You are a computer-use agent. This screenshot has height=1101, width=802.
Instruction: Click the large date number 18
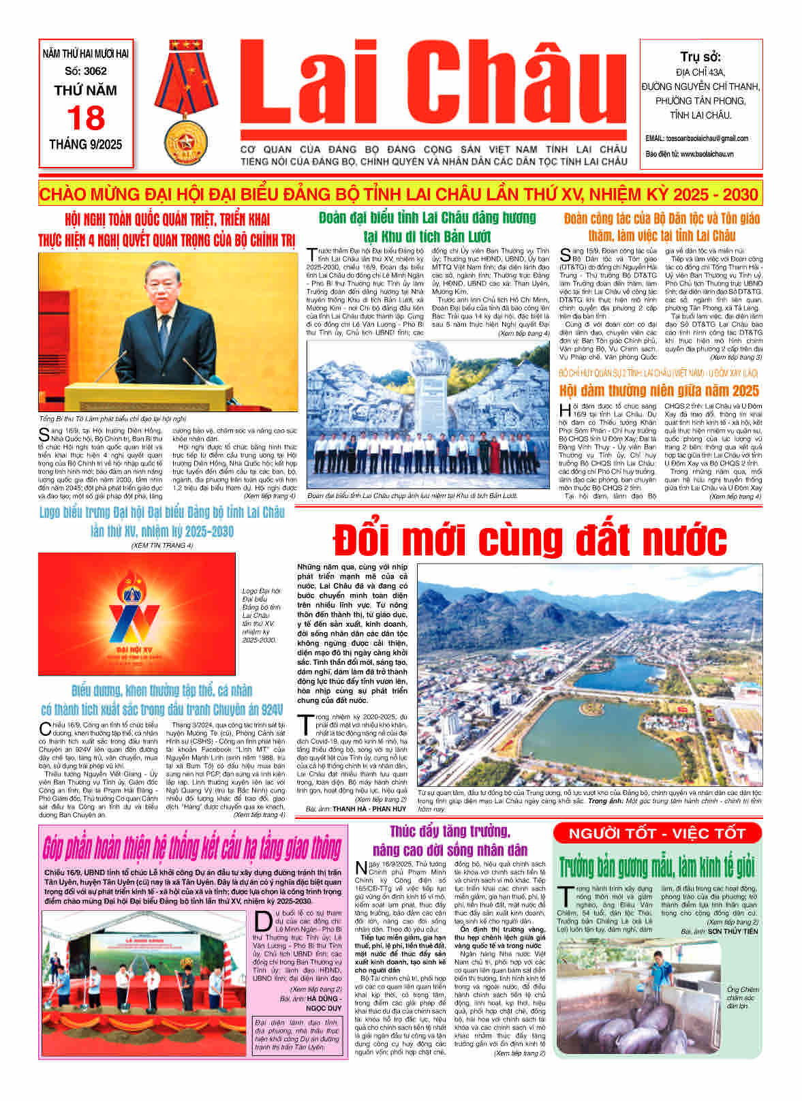(x=86, y=119)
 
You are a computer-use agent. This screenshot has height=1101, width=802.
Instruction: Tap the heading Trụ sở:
(x=700, y=57)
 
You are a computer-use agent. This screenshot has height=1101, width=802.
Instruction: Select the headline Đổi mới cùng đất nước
(x=529, y=540)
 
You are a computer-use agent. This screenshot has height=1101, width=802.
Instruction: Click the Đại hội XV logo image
(x=137, y=613)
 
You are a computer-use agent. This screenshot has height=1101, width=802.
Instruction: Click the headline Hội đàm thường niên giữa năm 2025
(x=659, y=390)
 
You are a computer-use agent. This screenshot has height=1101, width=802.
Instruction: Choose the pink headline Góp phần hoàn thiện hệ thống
(x=191, y=848)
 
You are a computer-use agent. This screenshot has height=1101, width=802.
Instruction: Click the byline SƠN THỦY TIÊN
(x=723, y=931)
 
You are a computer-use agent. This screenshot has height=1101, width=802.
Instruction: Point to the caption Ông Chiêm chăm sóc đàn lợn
(x=743, y=997)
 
